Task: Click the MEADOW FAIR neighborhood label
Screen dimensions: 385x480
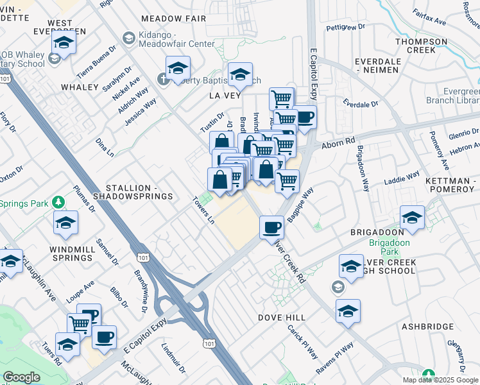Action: (173, 19)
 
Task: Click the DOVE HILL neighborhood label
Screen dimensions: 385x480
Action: (284, 318)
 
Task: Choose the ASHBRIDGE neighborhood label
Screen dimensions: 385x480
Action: (428, 327)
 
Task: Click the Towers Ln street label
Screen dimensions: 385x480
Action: (203, 210)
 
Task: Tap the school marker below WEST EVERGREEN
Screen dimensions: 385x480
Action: (64, 43)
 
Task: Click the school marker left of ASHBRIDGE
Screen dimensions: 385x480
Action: (348, 311)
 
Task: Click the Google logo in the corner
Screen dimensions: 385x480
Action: (21, 377)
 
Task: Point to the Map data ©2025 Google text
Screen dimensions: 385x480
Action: (440, 380)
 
